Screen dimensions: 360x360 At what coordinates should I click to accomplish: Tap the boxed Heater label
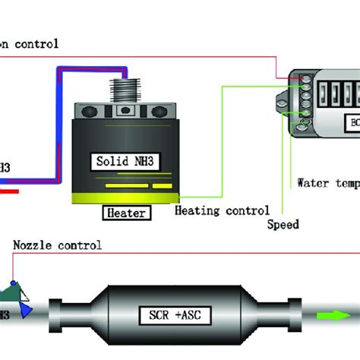pos(125,213)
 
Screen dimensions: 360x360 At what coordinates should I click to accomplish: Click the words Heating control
pos(222,210)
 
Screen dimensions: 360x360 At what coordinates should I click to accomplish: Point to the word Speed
pos(283,224)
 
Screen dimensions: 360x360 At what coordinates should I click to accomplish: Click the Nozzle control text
pos(57,245)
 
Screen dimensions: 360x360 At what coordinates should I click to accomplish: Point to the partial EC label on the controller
pos(353,122)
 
